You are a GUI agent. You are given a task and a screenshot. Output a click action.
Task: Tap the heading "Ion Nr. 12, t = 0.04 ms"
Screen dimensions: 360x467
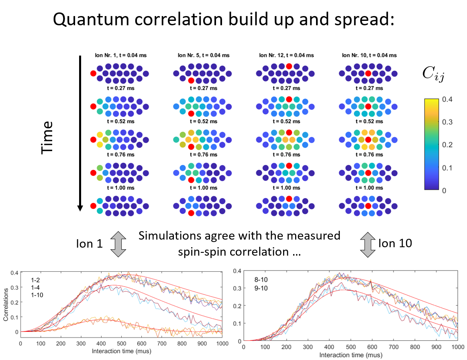[286, 55]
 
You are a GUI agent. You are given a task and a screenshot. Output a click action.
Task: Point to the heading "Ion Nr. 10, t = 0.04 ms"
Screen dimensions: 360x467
[369, 55]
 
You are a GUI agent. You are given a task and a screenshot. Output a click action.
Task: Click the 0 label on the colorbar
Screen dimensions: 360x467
[444, 191]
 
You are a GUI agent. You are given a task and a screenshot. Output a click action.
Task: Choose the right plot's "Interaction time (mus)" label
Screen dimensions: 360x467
[351, 355]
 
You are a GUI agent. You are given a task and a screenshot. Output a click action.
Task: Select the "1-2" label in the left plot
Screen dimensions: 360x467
[35, 280]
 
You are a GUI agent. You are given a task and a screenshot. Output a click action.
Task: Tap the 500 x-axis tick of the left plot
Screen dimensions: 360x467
[121, 344]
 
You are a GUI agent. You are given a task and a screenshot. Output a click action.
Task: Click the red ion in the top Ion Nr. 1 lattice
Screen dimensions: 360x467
[93, 73]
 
